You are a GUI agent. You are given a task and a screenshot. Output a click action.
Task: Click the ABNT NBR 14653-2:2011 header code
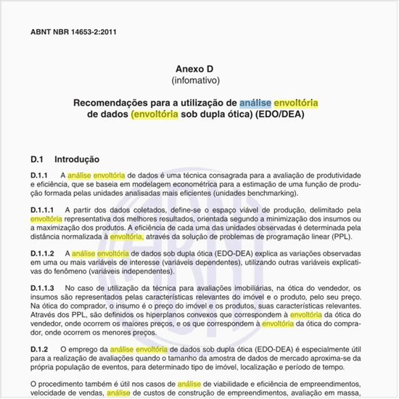coord(73,33)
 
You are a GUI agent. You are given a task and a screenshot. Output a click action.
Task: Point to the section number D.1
coord(38,159)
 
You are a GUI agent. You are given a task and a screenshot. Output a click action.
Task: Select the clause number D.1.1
coord(39,176)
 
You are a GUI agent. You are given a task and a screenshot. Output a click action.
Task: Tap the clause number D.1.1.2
coord(42,253)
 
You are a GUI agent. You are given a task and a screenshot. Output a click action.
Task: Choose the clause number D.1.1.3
coord(42,288)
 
